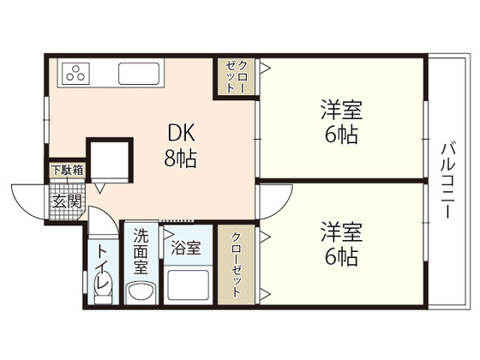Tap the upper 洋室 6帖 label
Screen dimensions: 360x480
coord(341,123)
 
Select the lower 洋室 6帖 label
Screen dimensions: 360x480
coord(341,243)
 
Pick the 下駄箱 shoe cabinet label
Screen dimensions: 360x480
coord(65,170)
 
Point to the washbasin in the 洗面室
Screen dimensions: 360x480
coord(139,294)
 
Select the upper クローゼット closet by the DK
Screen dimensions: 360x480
coord(235,78)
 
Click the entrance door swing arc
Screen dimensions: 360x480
coord(26,199)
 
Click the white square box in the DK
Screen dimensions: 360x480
coord(109,160)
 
